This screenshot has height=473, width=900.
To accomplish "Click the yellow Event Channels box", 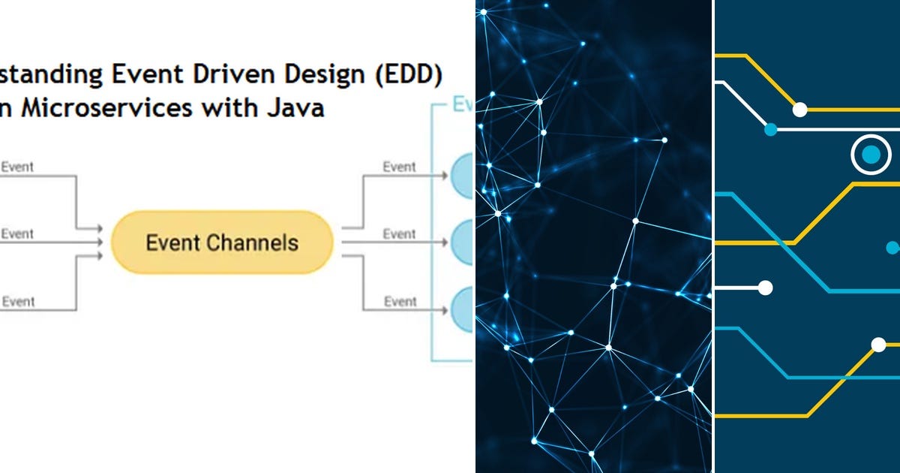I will tap(222, 243).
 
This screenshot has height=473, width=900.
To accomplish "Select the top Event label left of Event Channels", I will tap(17, 167).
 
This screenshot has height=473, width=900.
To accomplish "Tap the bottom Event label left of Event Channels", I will tap(17, 302).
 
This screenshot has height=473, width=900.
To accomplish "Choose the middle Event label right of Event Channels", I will tap(399, 234).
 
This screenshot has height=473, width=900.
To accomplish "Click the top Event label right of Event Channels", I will tap(399, 167).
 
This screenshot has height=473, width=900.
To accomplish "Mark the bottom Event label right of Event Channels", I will tap(399, 302).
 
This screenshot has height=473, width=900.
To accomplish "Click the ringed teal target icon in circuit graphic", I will tap(870, 155).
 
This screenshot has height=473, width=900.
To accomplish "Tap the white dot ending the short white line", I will tap(765, 287).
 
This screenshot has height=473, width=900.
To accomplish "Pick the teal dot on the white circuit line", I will tap(770, 129).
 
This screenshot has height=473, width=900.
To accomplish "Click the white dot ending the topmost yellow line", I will tap(799, 110).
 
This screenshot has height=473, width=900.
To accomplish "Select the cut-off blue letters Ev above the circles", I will tap(460, 105).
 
